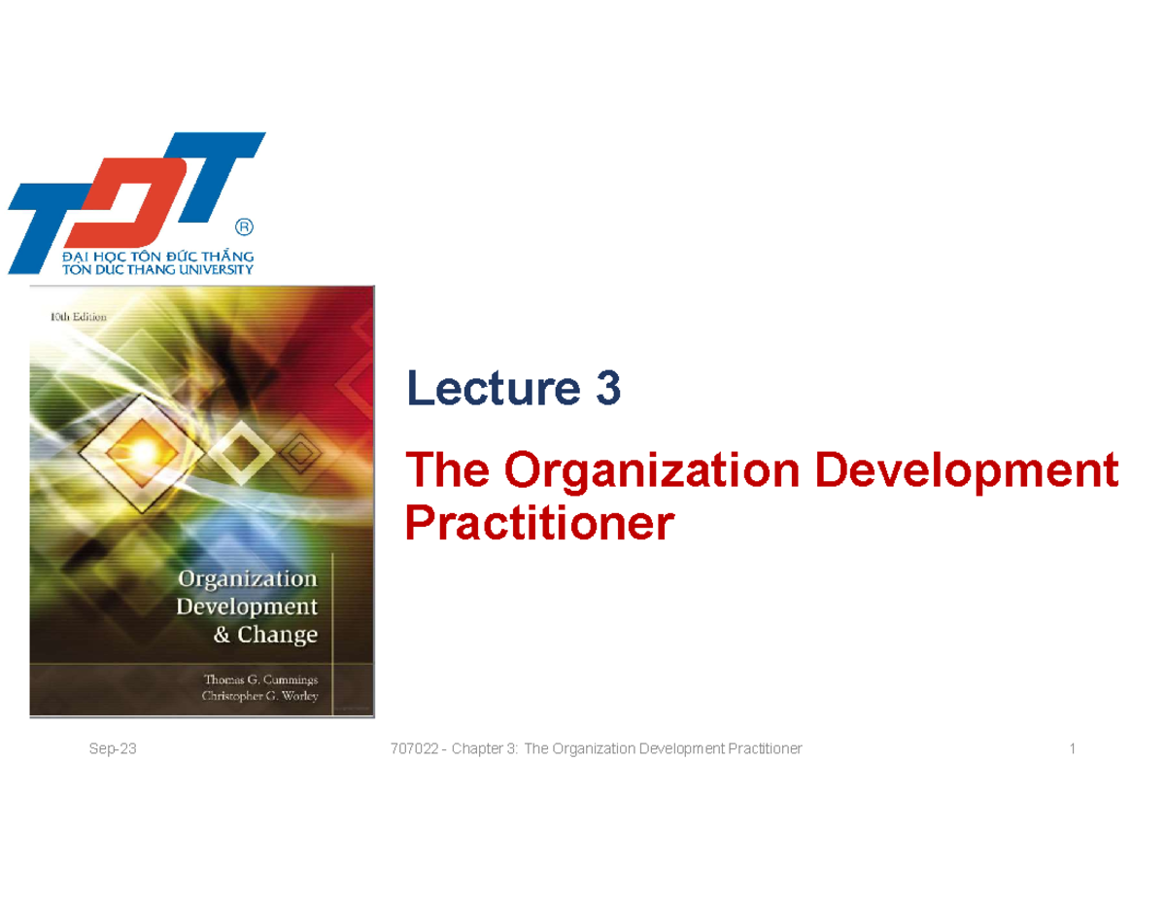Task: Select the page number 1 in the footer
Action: click(1072, 748)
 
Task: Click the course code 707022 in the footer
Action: click(410, 748)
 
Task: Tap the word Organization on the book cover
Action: click(247, 579)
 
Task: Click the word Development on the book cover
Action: click(247, 607)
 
